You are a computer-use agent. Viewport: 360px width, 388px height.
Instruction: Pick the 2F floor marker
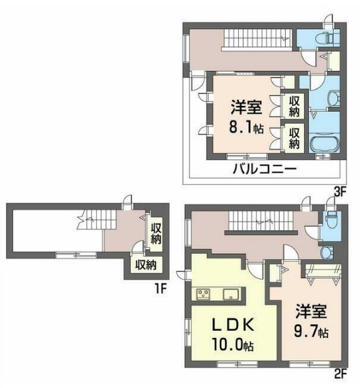pyautogui.click(x=339, y=377)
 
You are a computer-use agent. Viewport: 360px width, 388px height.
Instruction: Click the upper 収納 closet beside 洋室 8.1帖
pyautogui.click(x=294, y=107)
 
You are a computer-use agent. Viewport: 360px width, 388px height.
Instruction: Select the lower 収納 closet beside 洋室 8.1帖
pyautogui.click(x=294, y=137)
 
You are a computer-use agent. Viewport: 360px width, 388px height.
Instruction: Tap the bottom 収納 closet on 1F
pyautogui.click(x=145, y=266)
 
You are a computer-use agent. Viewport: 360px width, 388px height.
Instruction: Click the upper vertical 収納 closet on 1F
pyautogui.click(x=155, y=233)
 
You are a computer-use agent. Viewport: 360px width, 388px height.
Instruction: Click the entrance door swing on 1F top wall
pyautogui.click(x=132, y=202)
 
